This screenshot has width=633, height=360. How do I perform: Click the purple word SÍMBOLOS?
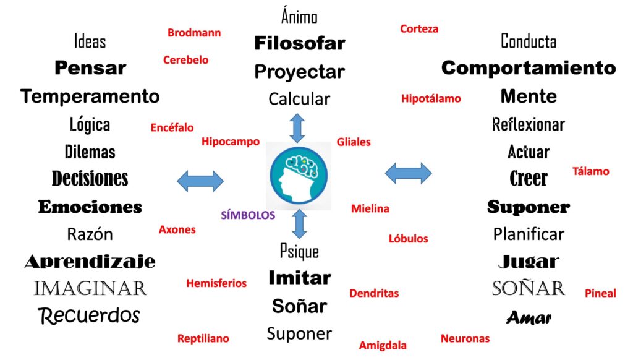coord(248,215)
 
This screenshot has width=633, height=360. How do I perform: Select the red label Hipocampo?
coord(231,142)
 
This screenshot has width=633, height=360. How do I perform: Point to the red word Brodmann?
coord(194,33)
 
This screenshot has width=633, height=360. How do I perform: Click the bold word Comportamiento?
coord(529,68)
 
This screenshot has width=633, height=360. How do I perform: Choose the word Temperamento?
coord(90,96)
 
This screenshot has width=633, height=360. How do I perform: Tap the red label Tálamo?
coord(590,171)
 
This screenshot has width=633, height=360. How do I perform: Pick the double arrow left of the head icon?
coord(200,181)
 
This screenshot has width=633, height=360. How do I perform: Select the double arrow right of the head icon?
coord(408,173)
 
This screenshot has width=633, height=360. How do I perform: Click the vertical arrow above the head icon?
coord(298,127)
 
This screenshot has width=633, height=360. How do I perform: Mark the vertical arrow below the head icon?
coord(299,224)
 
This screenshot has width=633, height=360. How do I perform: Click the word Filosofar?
coord(299,43)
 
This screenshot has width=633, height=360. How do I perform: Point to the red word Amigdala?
coord(383,345)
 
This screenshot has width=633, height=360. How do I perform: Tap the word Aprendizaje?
coord(90,262)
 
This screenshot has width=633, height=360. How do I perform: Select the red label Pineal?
coord(600,293)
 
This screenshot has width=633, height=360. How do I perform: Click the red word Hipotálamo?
coord(431,98)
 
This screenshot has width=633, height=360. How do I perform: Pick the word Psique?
coord(299,251)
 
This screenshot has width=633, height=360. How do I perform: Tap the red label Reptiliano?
coord(203,338)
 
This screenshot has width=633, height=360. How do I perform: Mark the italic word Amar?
coord(529,318)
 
